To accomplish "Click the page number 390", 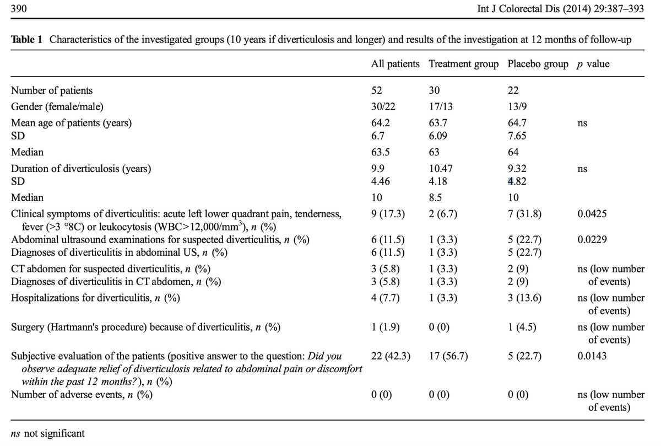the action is pos(19,9).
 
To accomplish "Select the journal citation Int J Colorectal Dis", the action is pos(518,9).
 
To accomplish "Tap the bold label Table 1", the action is pos(26,39).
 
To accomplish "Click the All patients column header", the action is pos(395,64).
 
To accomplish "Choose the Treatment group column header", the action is pos(464,64).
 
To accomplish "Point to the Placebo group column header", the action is pos(538,64).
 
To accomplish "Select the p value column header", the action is pos(593,64).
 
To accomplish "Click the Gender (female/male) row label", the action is pos(57,106).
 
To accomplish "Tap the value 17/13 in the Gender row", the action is pos(441,106).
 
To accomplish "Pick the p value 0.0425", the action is pos(592,213).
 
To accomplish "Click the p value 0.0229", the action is pos(592,239).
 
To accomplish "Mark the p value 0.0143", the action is pos(592,356).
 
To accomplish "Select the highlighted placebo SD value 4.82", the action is pos(517,181).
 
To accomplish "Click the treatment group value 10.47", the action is pos(441,168).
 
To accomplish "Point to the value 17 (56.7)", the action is pos(448,356).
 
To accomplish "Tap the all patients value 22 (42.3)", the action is pos(391,356).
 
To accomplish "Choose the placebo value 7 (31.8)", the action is pos(524,214).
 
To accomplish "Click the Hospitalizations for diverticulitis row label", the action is pos(95,298).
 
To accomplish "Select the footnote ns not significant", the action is pos(47,433).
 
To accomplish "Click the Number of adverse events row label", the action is pos(82,395).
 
